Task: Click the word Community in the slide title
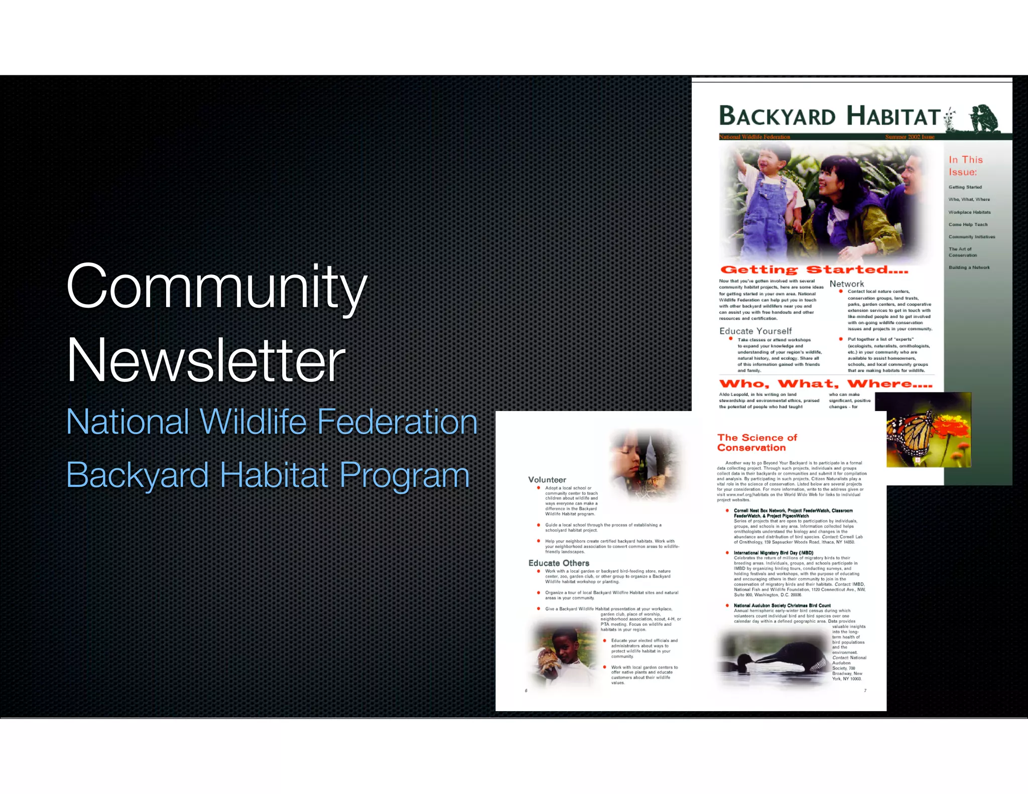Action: [216, 287]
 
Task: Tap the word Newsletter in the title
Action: [206, 360]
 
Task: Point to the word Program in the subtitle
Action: [405, 475]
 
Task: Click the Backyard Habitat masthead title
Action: [829, 116]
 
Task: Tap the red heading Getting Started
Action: [814, 270]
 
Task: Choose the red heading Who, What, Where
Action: [825, 384]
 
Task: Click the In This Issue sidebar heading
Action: [965, 166]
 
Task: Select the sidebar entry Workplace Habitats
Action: [969, 212]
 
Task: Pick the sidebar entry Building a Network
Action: [969, 268]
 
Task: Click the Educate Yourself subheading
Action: [755, 331]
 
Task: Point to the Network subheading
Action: [846, 284]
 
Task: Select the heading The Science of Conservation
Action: [757, 443]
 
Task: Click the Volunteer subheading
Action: [547, 480]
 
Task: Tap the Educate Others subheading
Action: [559, 563]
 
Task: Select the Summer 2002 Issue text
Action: [910, 137]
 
